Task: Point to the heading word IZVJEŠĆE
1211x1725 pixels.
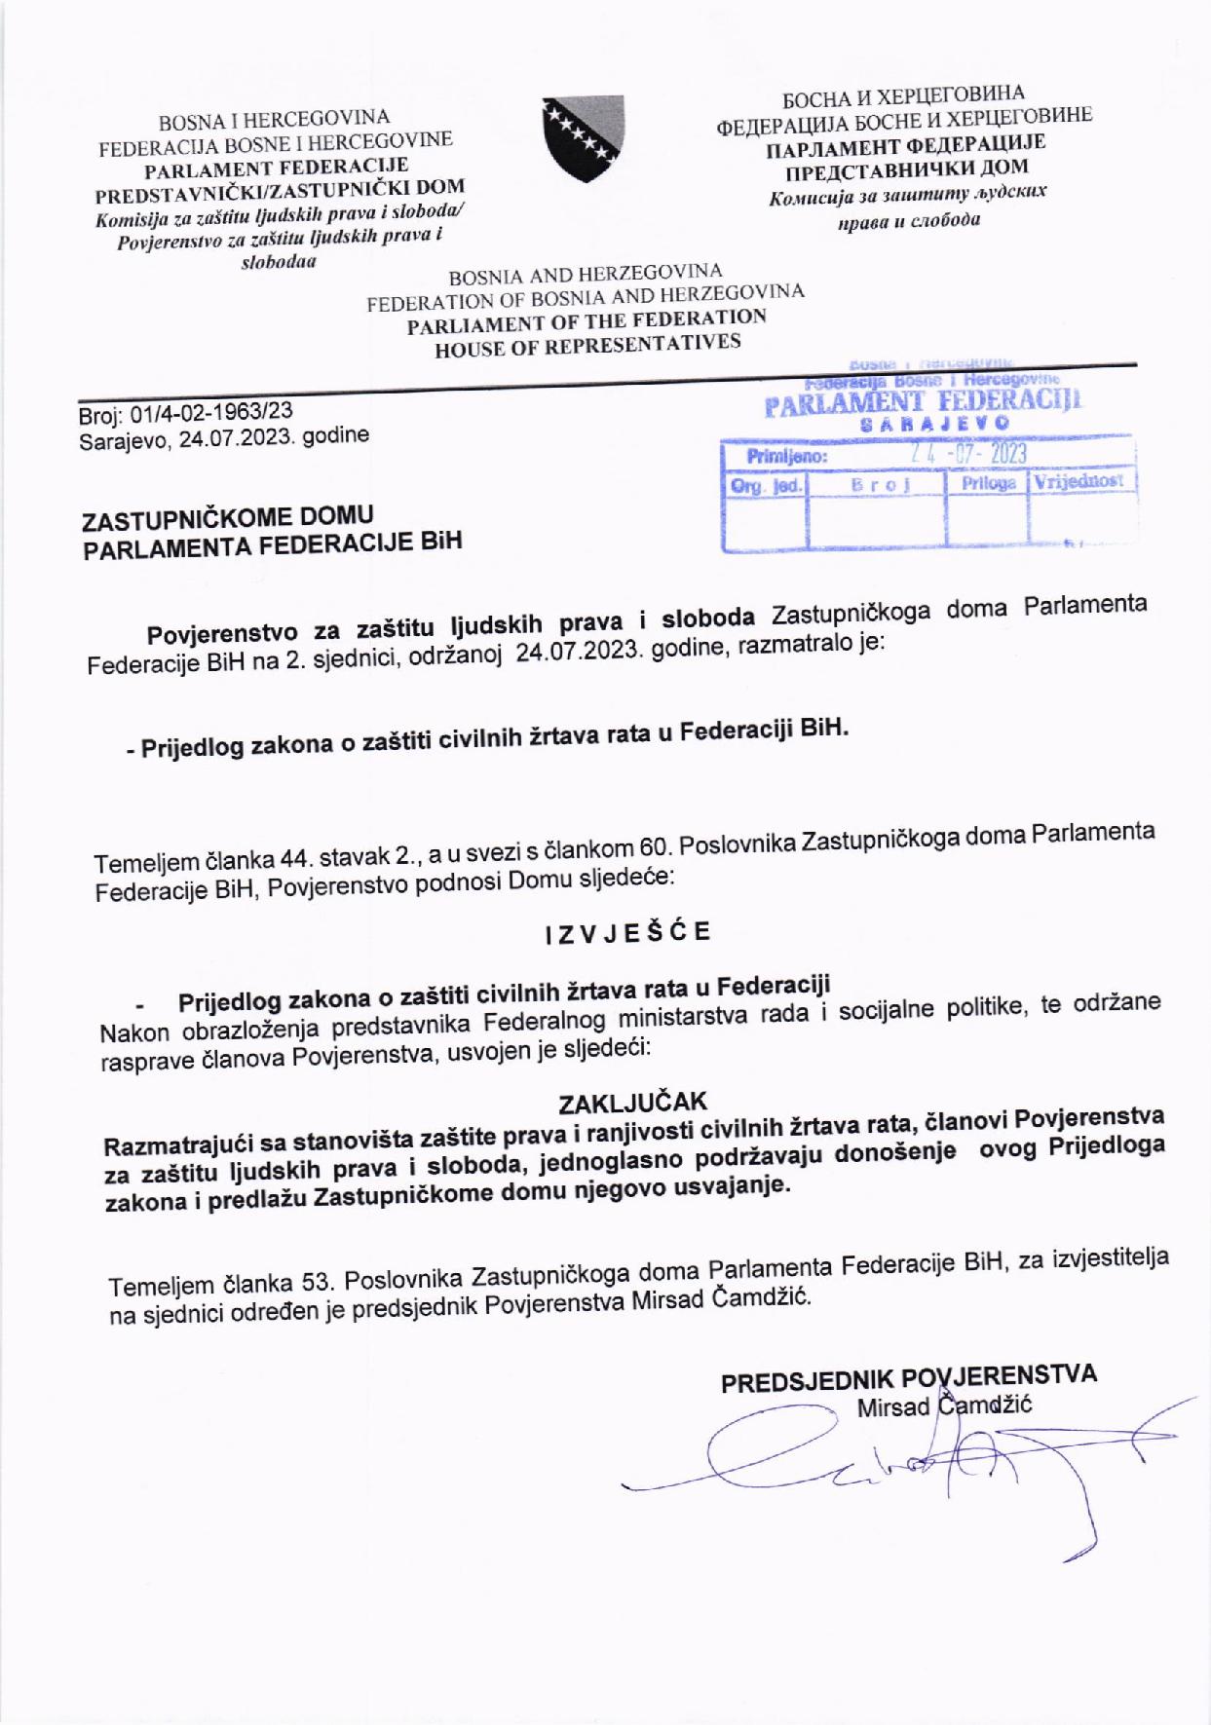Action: [627, 933]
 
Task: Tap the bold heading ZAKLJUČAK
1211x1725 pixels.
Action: [632, 1102]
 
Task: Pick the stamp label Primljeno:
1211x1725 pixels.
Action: [786, 456]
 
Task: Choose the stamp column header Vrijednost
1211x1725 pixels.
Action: [1079, 480]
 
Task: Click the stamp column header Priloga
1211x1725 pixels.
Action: [988, 483]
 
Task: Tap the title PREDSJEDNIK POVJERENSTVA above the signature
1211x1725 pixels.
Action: [908, 1377]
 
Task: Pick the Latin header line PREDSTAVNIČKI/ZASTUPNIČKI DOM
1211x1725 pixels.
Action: [280, 189]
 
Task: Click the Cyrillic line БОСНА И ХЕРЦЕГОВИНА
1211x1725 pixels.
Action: [903, 96]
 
